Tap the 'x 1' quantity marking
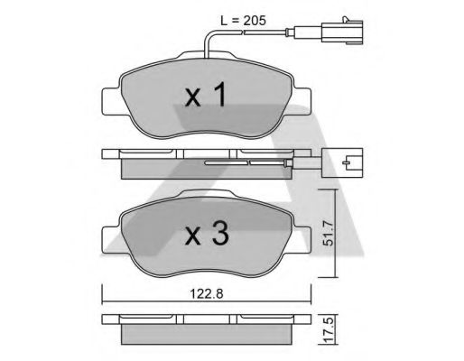pyautogui.click(x=205, y=97)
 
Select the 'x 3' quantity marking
pyautogui.click(x=205, y=237)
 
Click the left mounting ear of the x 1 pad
pyautogui.click(x=108, y=98)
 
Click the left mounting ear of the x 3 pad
pyautogui.click(x=108, y=238)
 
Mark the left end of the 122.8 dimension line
pyautogui.click(x=103, y=301)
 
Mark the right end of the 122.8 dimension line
pyautogui.click(x=308, y=301)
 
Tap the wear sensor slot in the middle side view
pyautogui.click(x=244, y=164)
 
